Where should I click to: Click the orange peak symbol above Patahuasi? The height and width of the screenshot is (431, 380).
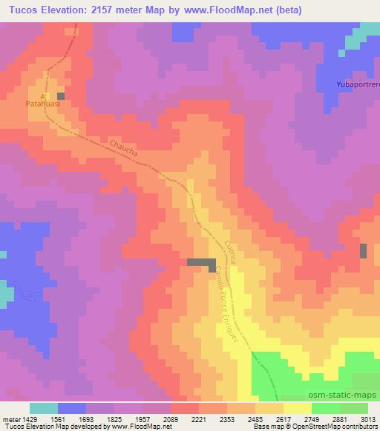tap(44, 96)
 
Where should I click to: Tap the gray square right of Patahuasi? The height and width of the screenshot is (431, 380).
tap(61, 96)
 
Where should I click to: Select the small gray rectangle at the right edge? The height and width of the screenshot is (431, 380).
tap(363, 251)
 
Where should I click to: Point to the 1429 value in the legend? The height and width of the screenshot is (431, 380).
tap(28, 418)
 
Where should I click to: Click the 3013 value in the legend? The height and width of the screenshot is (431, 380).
tap(368, 418)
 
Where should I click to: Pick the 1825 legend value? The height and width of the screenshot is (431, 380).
tap(114, 418)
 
